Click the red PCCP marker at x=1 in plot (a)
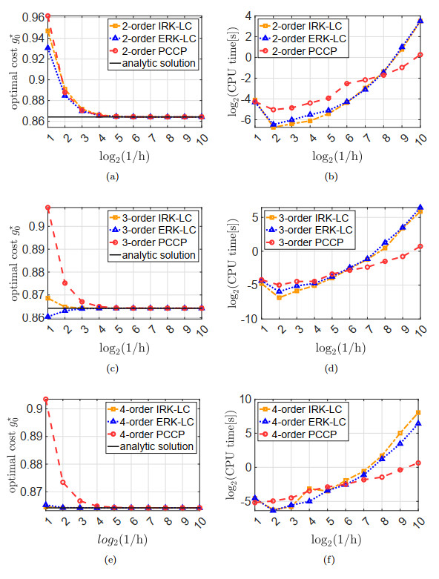[48, 16]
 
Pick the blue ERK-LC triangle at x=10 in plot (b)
[420, 21]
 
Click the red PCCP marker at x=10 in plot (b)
[420, 54]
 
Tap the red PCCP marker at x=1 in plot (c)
[48, 208]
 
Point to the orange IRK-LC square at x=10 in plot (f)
[420, 412]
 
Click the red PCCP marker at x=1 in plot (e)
[48, 400]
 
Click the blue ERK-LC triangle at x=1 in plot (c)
[48, 317]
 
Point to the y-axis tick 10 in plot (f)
[253, 400]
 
